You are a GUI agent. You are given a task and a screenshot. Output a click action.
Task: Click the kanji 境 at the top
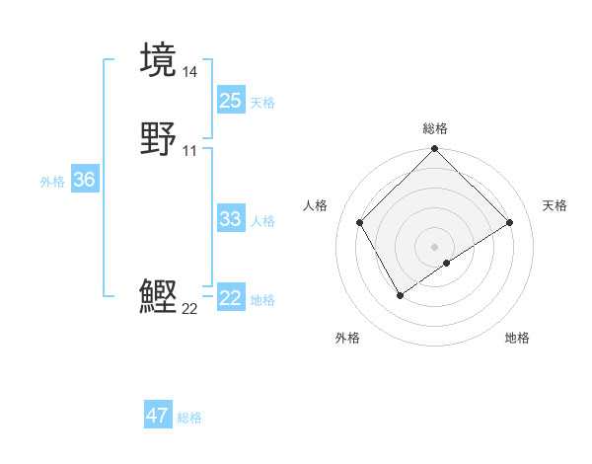[158, 59]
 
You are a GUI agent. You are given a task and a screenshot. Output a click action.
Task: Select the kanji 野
[158, 139]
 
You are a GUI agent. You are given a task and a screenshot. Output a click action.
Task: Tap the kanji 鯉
[158, 297]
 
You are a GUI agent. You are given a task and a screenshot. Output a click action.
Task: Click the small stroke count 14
[190, 71]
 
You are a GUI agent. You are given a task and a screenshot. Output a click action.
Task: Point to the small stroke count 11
[190, 151]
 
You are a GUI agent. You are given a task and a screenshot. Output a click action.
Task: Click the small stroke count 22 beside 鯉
[189, 309]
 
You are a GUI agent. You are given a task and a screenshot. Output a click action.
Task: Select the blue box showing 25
[230, 100]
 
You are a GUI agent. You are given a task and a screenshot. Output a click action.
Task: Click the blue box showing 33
[230, 219]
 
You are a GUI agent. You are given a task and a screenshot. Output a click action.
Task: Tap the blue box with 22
[230, 298]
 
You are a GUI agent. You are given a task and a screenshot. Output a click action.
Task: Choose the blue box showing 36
[84, 180]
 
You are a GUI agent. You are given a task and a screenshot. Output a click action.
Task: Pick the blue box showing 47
[157, 416]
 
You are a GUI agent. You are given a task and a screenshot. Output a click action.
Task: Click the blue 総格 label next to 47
[189, 418]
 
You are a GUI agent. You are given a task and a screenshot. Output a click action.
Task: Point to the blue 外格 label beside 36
[52, 182]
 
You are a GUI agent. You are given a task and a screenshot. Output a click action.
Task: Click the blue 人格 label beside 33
[263, 221]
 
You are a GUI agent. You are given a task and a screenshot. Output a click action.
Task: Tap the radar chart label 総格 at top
[435, 128]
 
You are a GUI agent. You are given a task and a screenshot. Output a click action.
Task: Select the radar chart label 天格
[555, 205]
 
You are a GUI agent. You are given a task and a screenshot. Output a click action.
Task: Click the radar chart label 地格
[517, 338]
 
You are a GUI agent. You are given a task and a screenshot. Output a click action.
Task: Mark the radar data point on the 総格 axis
[435, 149]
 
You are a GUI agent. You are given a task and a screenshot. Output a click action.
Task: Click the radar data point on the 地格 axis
[448, 263]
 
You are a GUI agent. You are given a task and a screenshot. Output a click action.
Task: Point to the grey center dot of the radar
[435, 246]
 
